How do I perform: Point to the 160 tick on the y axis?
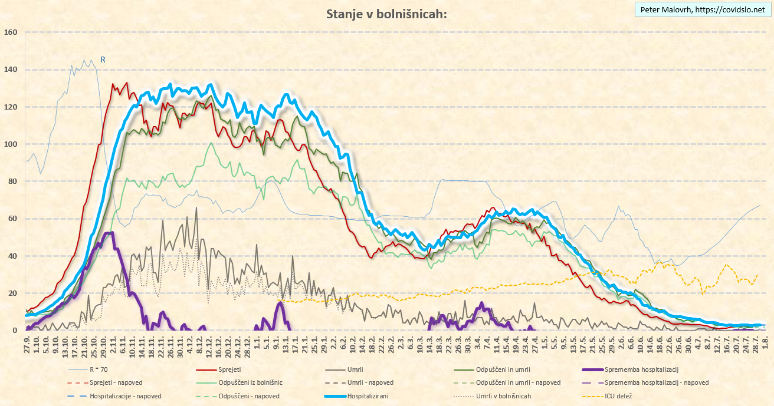click(x=11, y=32)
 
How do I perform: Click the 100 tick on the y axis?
click(x=11, y=144)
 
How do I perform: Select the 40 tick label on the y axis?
click(x=13, y=256)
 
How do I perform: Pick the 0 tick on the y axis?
click(x=15, y=330)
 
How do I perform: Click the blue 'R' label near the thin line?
click(x=103, y=60)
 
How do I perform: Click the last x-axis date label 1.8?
click(x=765, y=342)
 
